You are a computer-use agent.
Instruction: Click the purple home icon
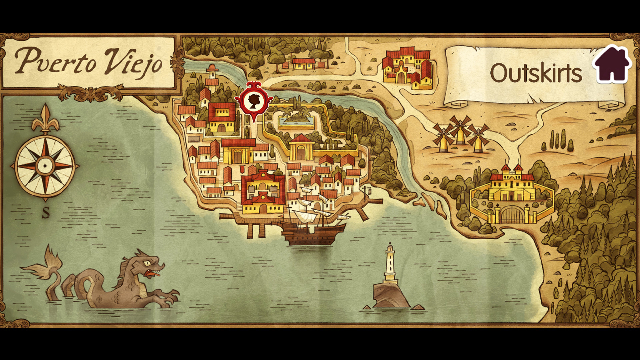pos(612,65)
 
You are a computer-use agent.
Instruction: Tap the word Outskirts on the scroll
pos(536,73)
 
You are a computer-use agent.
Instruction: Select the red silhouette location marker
pos(254,100)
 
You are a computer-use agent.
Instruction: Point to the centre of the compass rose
pos(45,165)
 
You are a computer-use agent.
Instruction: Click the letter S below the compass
pos(46,212)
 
